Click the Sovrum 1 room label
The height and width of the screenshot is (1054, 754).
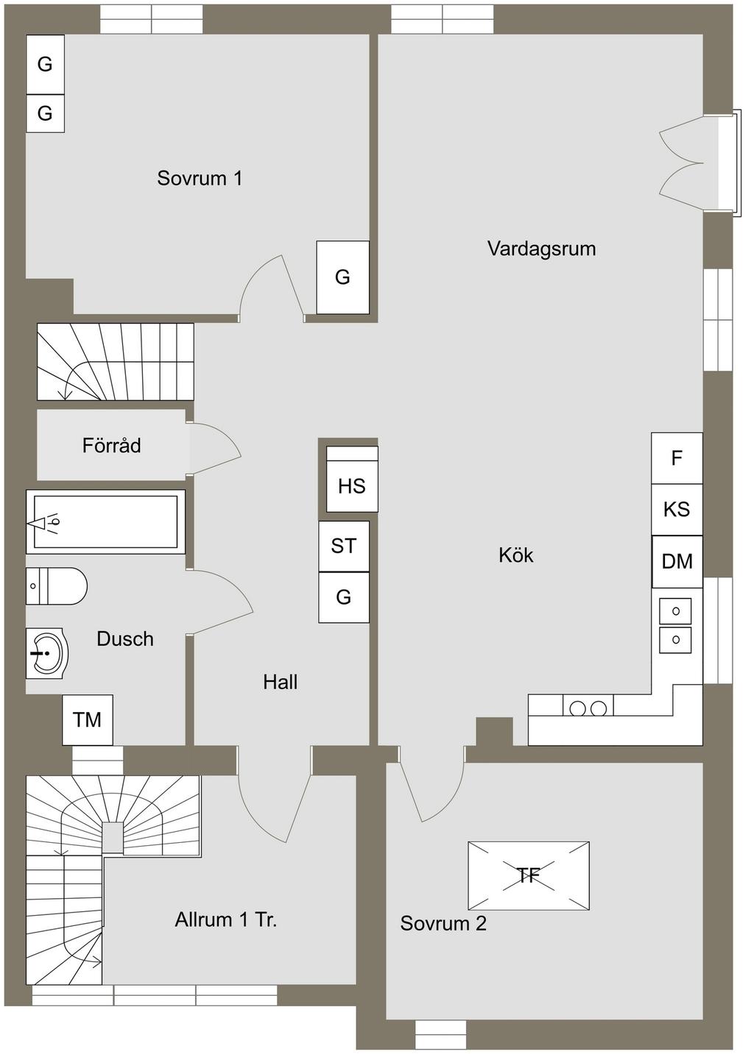click(x=200, y=178)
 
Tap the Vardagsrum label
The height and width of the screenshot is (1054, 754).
click(x=542, y=249)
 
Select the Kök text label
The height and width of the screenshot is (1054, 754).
click(x=515, y=555)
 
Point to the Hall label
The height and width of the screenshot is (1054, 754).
click(x=281, y=682)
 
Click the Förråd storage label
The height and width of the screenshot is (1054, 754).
click(x=112, y=445)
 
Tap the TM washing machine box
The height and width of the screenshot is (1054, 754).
click(x=88, y=719)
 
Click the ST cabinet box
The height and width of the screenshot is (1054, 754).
click(x=344, y=546)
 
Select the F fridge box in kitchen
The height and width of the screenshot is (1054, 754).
click(x=677, y=458)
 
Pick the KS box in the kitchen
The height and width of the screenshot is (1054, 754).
click(x=677, y=510)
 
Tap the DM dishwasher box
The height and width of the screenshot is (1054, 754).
click(x=677, y=561)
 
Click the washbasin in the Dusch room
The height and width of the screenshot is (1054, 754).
click(x=48, y=653)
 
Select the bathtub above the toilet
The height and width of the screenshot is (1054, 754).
click(x=105, y=521)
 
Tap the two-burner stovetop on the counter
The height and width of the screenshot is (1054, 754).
click(x=588, y=708)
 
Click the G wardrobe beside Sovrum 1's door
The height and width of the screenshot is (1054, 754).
click(x=342, y=277)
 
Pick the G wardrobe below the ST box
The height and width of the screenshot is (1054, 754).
click(x=344, y=597)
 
